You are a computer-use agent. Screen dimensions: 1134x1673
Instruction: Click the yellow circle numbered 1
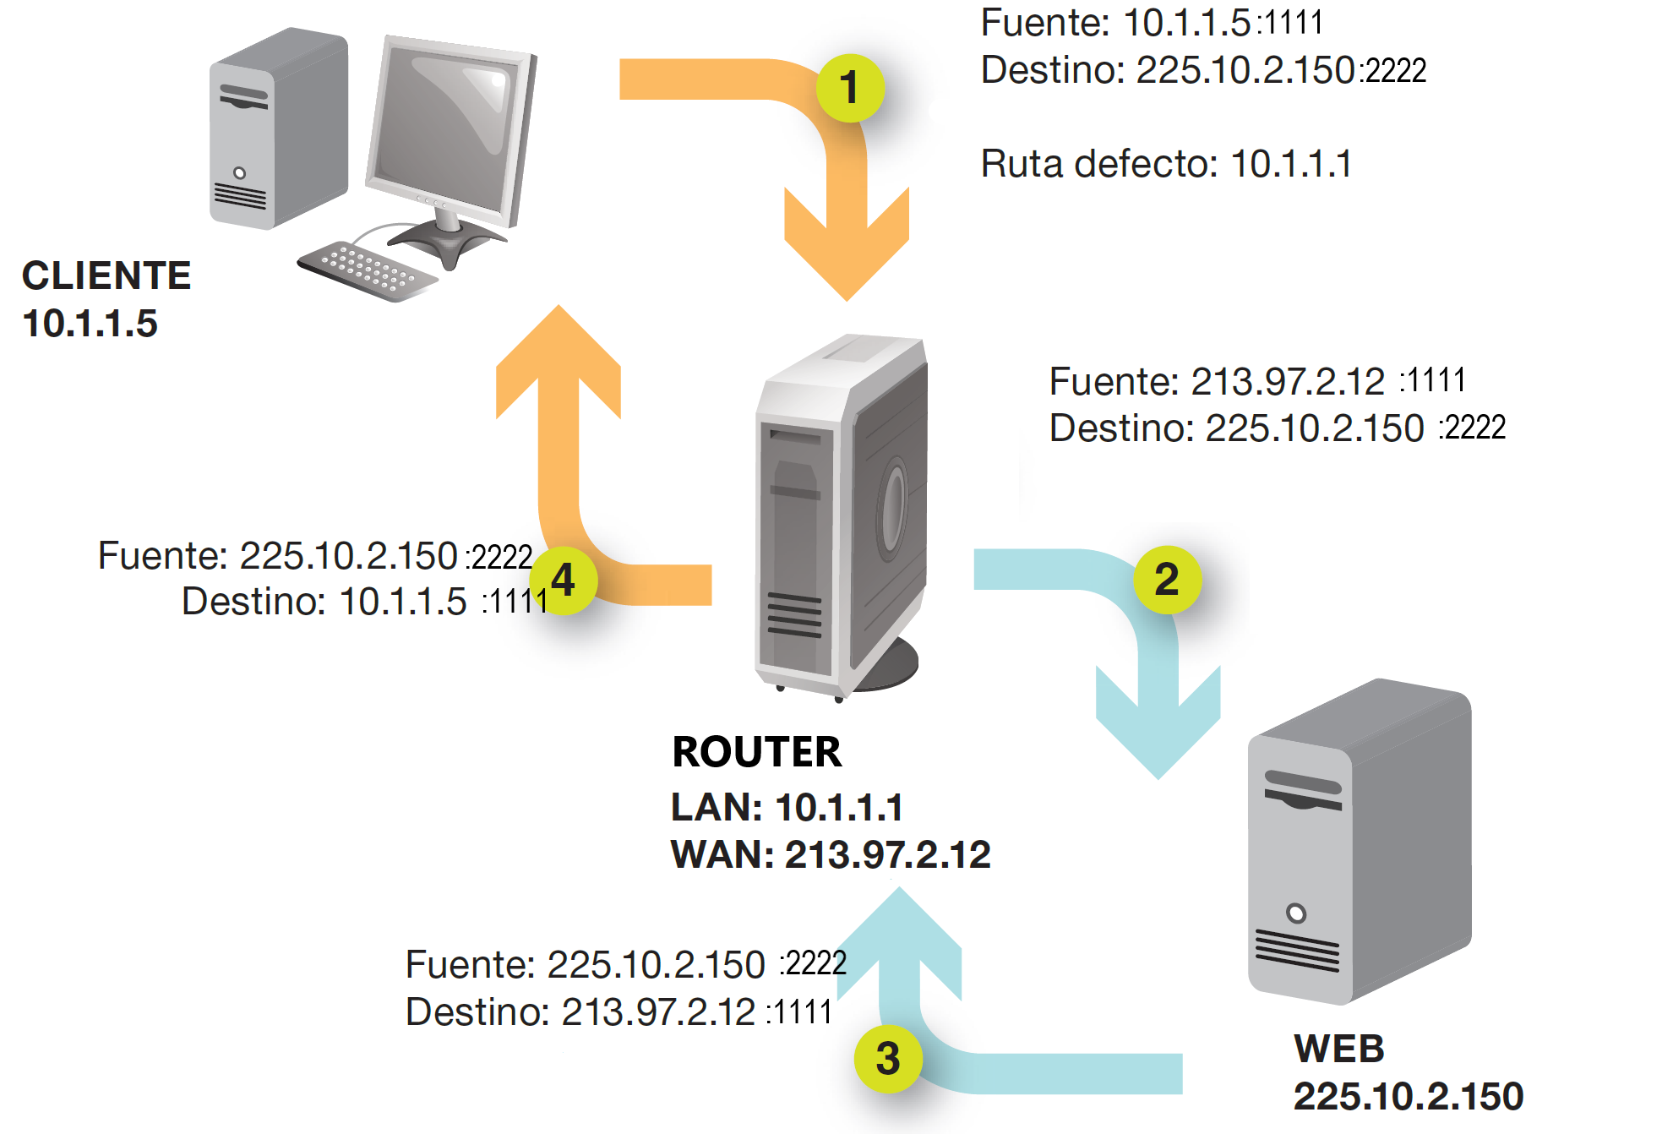850,88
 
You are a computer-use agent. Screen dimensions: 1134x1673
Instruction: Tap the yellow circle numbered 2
1167,579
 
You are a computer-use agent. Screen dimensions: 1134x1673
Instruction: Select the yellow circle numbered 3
887,1058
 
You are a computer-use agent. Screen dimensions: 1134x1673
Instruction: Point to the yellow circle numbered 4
564,580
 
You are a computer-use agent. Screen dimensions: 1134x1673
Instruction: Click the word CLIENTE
106,275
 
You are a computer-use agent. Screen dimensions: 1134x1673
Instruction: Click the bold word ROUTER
756,752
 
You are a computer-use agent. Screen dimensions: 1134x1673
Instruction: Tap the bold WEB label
1339,1049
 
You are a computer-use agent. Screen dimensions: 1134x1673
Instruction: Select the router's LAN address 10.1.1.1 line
787,807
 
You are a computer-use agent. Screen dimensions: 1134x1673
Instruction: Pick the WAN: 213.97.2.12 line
830,854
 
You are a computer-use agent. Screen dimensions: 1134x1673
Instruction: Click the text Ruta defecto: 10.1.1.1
1166,164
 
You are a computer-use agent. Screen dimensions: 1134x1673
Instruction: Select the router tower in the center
841,515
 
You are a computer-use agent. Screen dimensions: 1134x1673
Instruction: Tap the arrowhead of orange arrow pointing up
559,355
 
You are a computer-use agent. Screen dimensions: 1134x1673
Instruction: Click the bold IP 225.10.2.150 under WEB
1408,1096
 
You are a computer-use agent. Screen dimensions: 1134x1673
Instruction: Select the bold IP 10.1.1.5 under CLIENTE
90,324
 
